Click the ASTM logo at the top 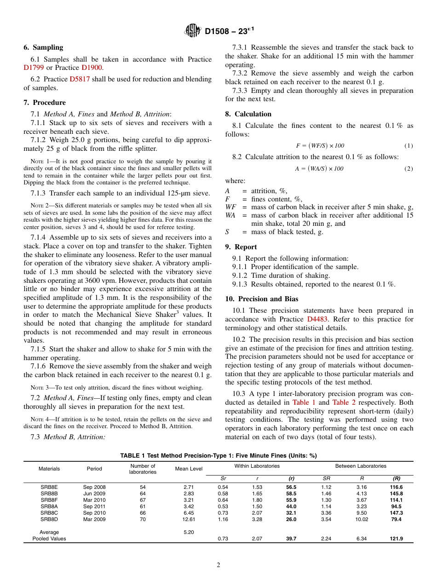click(x=192, y=31)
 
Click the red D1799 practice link click(x=34, y=68)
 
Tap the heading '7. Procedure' click(x=45, y=103)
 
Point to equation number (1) click(x=408, y=146)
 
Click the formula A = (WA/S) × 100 click(x=319, y=169)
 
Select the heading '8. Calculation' click(x=248, y=114)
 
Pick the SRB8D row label click(x=49, y=519)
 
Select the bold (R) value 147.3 click(x=396, y=513)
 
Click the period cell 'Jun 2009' click(x=94, y=493)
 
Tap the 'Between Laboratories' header click(x=361, y=466)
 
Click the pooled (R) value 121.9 click(x=396, y=539)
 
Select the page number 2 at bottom click(x=218, y=565)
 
